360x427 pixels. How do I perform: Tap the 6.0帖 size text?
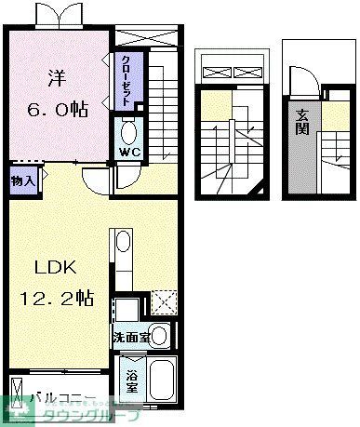(x=59, y=109)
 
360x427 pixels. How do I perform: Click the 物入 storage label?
(x=24, y=180)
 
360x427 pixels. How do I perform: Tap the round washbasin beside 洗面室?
(x=160, y=335)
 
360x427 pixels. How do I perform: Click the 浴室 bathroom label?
(x=132, y=381)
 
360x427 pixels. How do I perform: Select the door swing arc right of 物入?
(x=94, y=180)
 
